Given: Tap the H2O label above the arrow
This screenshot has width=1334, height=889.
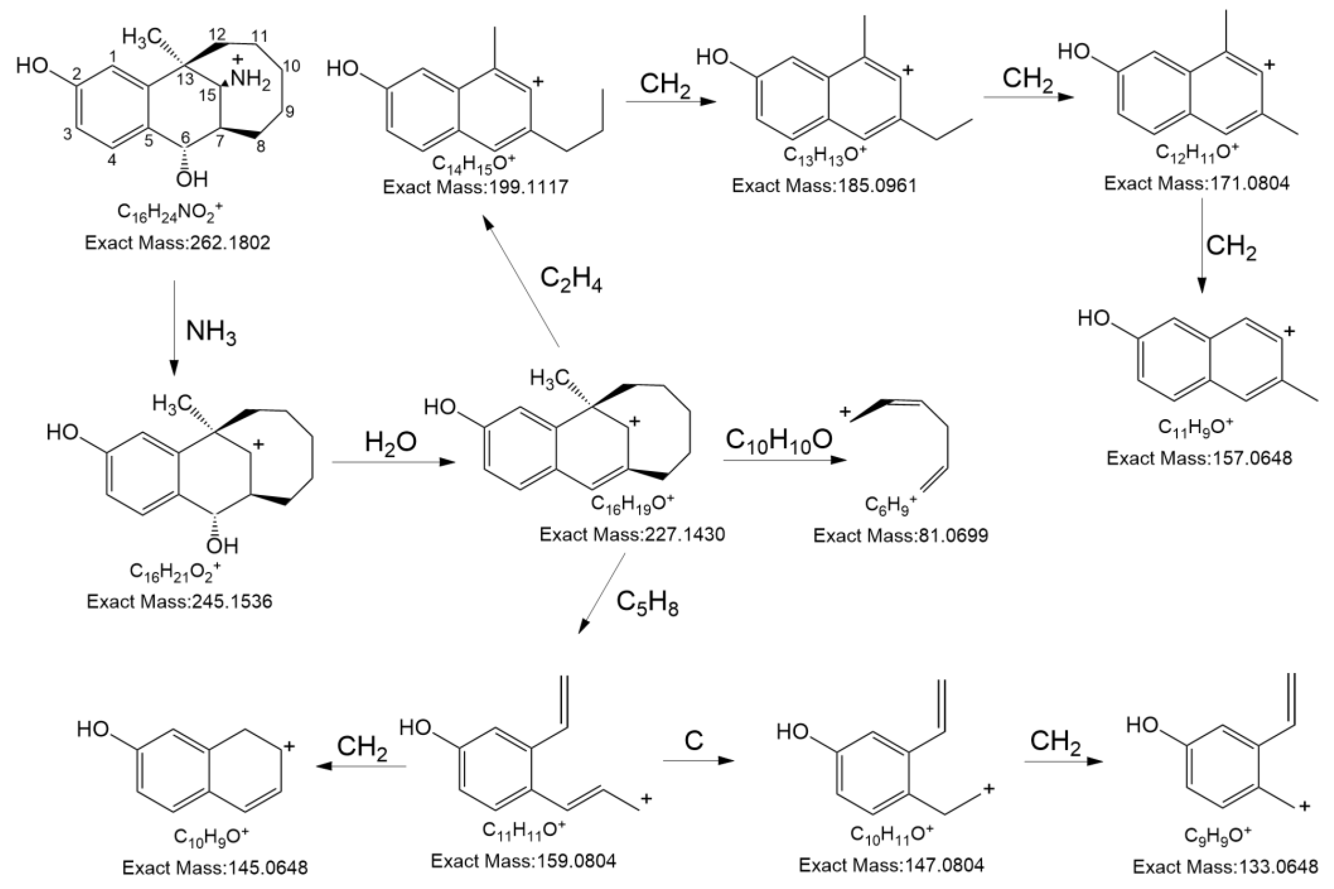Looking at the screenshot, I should tap(391, 442).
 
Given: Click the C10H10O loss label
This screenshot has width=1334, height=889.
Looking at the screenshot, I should tap(779, 439).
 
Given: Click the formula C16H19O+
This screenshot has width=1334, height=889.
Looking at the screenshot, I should tap(633, 503).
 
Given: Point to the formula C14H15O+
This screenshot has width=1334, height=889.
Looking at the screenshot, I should tap(474, 163).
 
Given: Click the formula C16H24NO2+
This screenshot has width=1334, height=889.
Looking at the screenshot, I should tap(170, 211).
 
